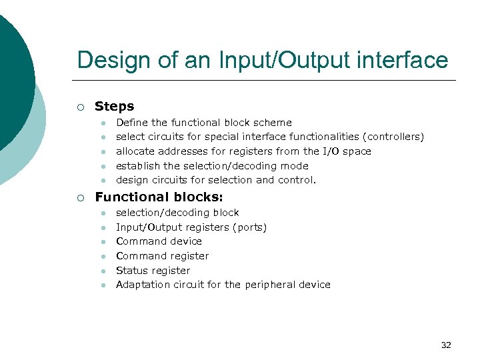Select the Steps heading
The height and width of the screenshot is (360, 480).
click(114, 106)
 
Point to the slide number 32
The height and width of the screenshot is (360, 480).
click(446, 345)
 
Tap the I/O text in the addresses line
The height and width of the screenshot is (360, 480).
click(331, 151)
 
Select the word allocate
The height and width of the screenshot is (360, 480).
click(134, 151)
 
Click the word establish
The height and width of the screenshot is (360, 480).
click(138, 166)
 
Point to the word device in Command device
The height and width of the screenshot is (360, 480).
click(187, 241)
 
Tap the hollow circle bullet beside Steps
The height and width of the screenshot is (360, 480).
click(81, 107)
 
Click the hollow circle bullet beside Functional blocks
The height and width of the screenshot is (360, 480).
click(81, 197)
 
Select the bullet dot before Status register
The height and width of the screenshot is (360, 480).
click(104, 271)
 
